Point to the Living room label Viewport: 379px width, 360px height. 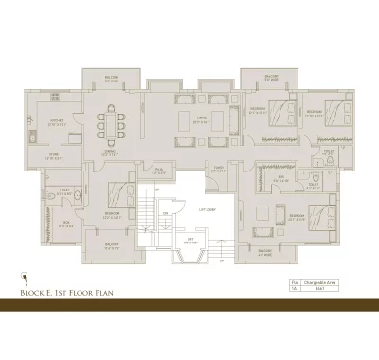tap(201, 118)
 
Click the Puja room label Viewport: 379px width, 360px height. tap(159, 172)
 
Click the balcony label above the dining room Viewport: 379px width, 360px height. tap(112, 80)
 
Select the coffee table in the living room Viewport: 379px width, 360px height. tap(201, 122)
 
